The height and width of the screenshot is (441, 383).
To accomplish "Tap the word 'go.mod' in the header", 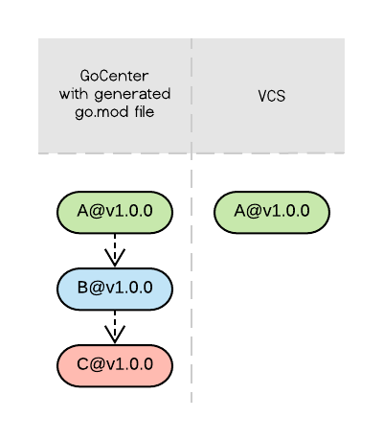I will pyautogui.click(x=99, y=112).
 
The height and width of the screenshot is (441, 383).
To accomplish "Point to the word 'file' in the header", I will pyautogui.click(x=142, y=112).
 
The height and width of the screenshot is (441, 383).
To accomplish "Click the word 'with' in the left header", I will pyautogui.click(x=75, y=94).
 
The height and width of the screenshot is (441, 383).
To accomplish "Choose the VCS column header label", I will pyautogui.click(x=272, y=96).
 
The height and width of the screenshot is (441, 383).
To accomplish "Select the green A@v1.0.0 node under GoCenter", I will pyautogui.click(x=115, y=212).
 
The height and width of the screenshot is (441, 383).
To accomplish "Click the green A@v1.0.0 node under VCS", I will pyautogui.click(x=272, y=212).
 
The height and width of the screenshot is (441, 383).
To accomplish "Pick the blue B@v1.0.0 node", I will pyautogui.click(x=115, y=289).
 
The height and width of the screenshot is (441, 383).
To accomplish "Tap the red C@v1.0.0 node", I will pyautogui.click(x=115, y=365).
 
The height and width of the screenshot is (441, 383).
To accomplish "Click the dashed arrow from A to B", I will pyautogui.click(x=115, y=247).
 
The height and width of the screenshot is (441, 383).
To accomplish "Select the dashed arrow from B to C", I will pyautogui.click(x=115, y=324).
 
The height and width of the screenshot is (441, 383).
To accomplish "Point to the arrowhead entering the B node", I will pyautogui.click(x=115, y=261).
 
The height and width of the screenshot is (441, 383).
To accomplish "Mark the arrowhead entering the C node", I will pyautogui.click(x=115, y=337).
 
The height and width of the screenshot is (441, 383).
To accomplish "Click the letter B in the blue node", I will pyautogui.click(x=82, y=289).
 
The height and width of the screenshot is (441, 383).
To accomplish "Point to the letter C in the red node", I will pyautogui.click(x=82, y=365).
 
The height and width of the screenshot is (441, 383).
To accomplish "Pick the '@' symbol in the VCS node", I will pyautogui.click(x=253, y=212).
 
